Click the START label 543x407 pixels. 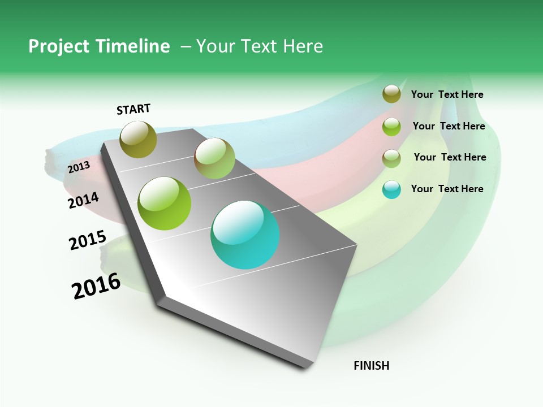point(133,109)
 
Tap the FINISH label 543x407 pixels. point(371,366)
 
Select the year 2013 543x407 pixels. point(79,167)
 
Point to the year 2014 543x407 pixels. point(83,200)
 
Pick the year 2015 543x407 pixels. point(87,240)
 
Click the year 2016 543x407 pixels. point(96,285)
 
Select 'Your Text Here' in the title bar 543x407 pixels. point(260,46)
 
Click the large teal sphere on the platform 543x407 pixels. point(245,235)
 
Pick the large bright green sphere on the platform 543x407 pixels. point(165,203)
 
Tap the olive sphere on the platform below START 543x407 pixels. point(138,139)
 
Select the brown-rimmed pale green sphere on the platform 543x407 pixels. point(214,158)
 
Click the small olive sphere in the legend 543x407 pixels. point(391,94)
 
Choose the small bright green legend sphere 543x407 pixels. point(391,127)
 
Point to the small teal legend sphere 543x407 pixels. point(391,189)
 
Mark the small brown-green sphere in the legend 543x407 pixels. point(391,158)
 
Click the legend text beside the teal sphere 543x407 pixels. point(447,189)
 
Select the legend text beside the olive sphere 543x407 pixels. point(447,94)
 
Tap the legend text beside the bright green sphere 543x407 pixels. point(449,126)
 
